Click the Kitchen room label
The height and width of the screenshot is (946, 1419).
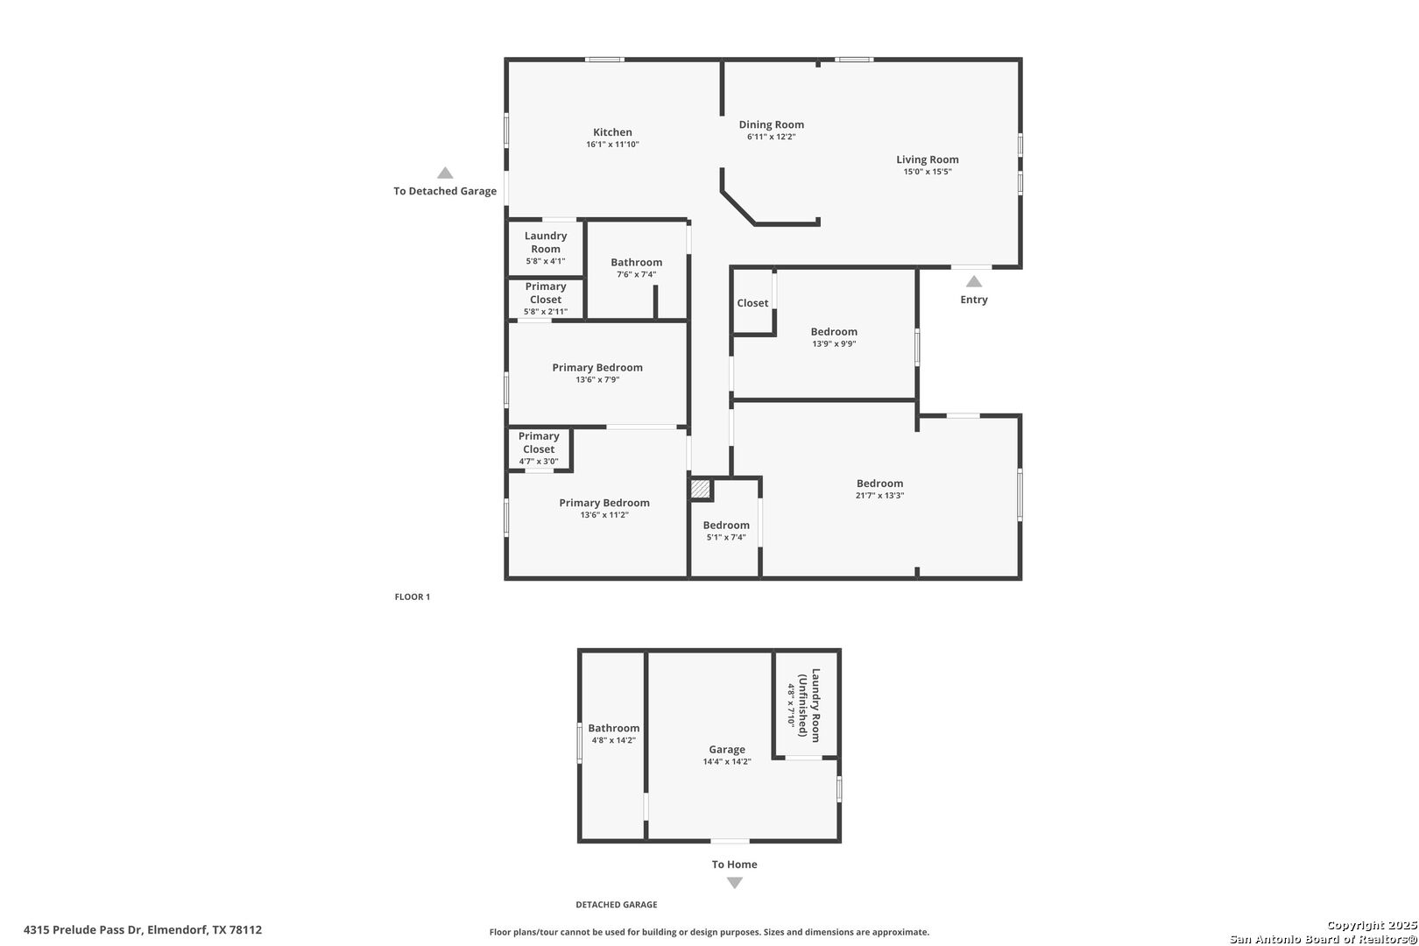612,132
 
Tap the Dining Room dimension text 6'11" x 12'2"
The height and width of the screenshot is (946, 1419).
771,137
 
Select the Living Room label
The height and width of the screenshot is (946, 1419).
928,159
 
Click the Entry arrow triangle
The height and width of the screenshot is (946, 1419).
974,281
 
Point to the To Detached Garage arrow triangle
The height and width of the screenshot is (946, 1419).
445,173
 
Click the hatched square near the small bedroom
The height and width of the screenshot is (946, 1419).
700,489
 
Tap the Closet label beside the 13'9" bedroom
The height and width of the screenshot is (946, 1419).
752,303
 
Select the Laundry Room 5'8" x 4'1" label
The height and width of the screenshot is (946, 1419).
546,248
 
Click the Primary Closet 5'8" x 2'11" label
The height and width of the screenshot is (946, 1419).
546,299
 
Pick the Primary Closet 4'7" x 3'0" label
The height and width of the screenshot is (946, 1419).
539,448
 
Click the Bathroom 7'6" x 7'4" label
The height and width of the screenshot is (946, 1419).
637,267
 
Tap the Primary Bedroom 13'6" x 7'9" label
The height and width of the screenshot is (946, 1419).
597,372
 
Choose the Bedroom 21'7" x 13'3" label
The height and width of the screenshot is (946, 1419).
880,489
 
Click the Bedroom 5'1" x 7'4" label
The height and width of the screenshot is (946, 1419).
726,530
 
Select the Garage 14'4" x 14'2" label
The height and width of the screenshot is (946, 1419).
727,755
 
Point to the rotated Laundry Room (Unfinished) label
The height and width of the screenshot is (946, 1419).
804,705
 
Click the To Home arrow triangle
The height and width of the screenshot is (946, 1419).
734,883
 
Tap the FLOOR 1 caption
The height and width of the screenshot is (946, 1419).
413,597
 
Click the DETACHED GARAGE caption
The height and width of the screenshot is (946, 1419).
617,905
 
